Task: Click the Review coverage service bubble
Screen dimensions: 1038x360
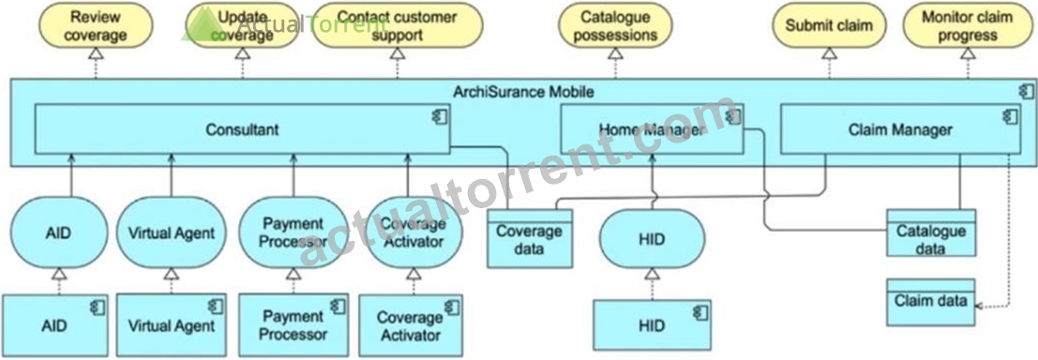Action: [96, 26]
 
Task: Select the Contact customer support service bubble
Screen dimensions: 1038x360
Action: [398, 26]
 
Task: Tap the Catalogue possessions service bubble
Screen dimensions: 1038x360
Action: [616, 26]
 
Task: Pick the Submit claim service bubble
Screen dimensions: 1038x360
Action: [829, 26]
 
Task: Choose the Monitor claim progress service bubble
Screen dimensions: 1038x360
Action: [967, 26]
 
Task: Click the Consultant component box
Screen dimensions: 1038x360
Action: [242, 129]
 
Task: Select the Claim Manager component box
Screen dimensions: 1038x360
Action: [900, 129]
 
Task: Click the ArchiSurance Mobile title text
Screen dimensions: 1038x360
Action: [523, 92]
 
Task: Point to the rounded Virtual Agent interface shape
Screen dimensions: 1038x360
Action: [172, 232]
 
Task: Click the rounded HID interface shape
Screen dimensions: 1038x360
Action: [653, 239]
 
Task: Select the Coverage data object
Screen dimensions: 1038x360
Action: [530, 238]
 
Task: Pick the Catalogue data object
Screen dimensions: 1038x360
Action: [931, 232]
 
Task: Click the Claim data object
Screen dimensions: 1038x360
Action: [931, 302]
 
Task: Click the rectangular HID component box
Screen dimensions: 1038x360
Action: [652, 325]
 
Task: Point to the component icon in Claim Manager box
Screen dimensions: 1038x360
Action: [1009, 116]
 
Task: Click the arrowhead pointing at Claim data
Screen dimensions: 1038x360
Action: [981, 306]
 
